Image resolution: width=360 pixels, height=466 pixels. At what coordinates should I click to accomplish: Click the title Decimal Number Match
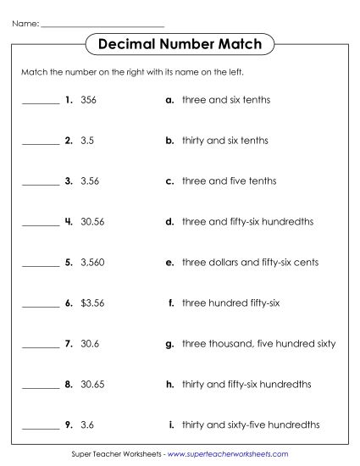pyautogui.click(x=180, y=43)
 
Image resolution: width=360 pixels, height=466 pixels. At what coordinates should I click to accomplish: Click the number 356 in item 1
pyautogui.click(x=88, y=100)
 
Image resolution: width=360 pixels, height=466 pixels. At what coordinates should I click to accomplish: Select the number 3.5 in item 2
pyautogui.click(x=86, y=141)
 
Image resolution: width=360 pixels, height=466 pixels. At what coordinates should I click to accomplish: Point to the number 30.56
pyautogui.click(x=92, y=222)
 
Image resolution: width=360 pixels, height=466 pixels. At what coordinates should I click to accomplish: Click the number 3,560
pyautogui.click(x=91, y=263)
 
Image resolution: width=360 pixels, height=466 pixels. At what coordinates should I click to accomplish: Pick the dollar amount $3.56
pyautogui.click(x=91, y=302)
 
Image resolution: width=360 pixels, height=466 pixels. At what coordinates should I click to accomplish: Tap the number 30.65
pyautogui.click(x=92, y=384)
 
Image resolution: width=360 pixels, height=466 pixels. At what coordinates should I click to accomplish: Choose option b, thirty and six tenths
pyautogui.click(x=224, y=141)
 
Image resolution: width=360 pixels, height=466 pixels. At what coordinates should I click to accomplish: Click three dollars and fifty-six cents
pyautogui.click(x=250, y=263)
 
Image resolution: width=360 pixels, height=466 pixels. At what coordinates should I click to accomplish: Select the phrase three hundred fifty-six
pyautogui.click(x=231, y=302)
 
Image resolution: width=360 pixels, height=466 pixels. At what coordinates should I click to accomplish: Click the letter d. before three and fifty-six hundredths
pyautogui.click(x=170, y=222)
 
